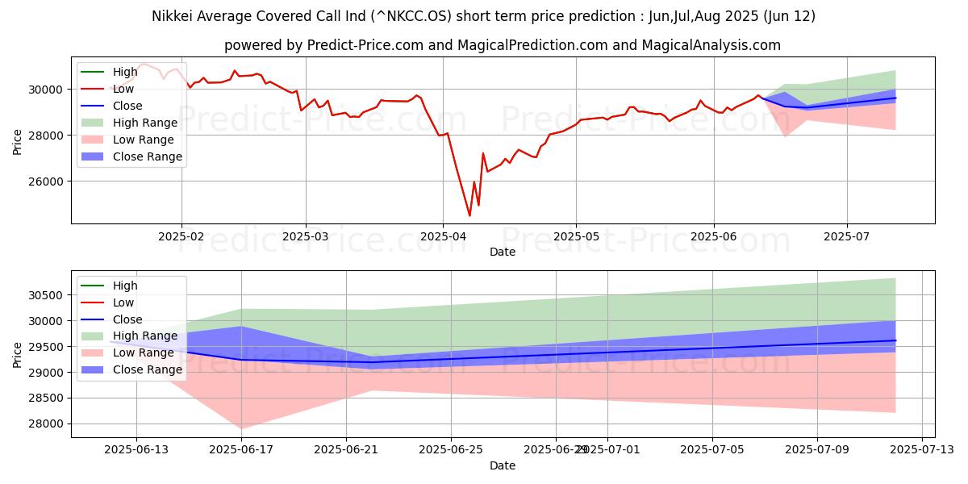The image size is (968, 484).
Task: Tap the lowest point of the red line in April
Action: tap(469, 215)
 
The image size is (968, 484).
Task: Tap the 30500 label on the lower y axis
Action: tap(47, 295)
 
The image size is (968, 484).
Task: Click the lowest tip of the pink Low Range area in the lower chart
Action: tap(241, 428)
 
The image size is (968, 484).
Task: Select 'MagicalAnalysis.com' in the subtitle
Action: tap(711, 45)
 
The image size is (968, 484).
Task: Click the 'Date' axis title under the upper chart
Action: tap(503, 252)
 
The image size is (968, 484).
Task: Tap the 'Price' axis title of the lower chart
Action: tap(17, 354)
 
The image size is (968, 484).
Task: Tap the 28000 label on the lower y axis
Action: tap(47, 423)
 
